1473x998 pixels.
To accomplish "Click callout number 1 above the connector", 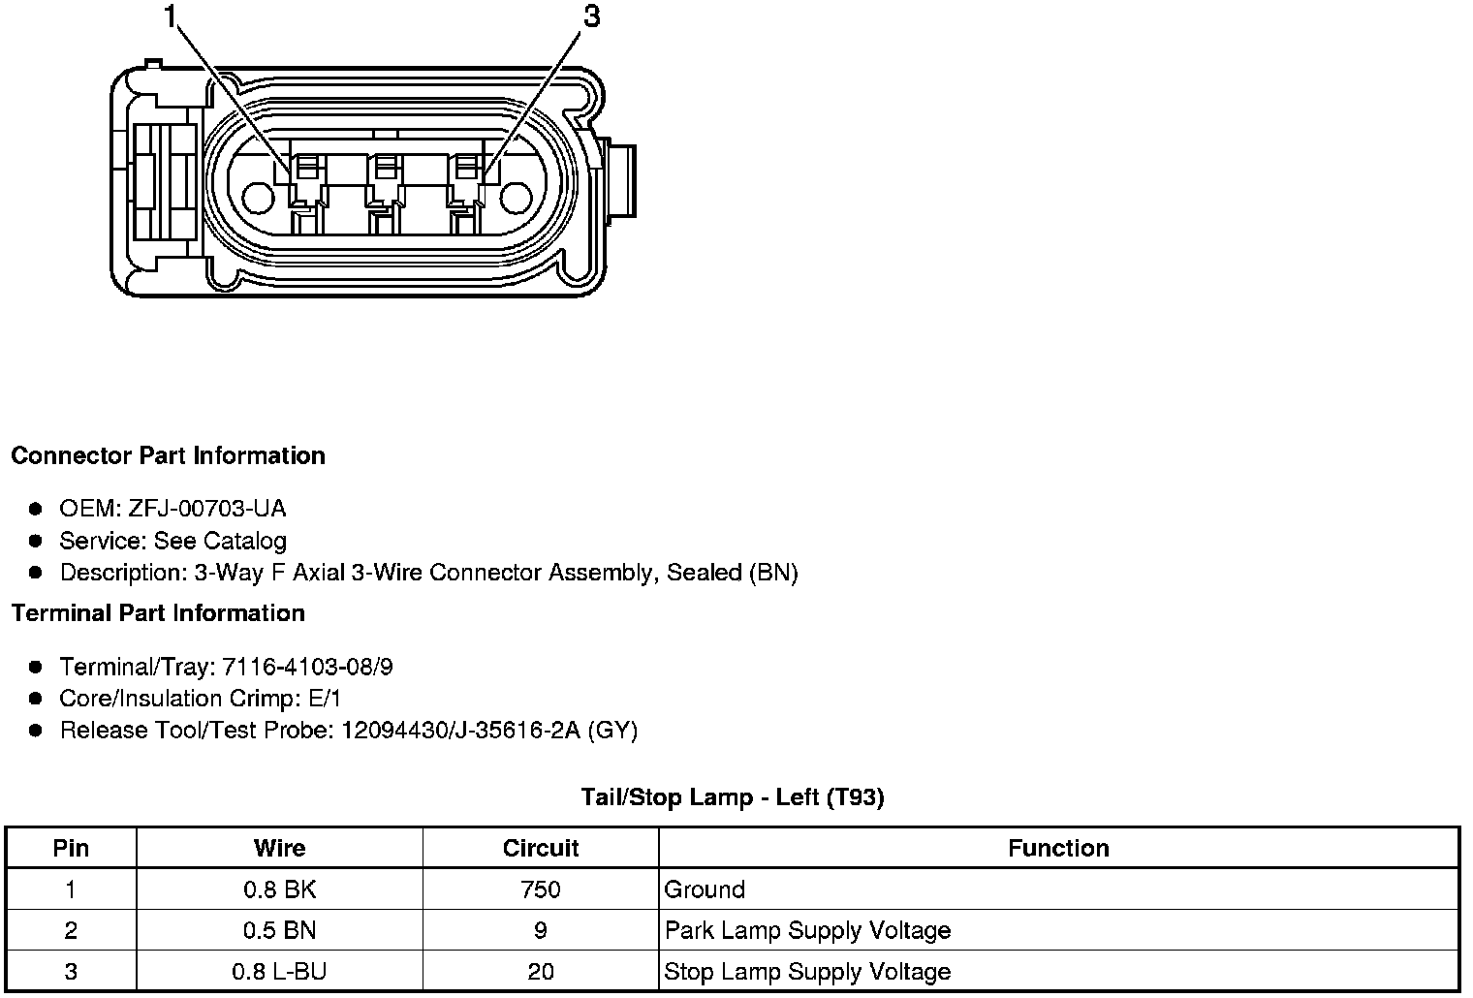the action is click(x=171, y=16).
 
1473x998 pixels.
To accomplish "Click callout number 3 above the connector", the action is click(x=592, y=16).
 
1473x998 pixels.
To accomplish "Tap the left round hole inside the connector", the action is click(x=258, y=198).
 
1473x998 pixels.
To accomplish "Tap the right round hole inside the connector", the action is click(x=516, y=198).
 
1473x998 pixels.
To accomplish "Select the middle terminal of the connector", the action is click(x=386, y=194).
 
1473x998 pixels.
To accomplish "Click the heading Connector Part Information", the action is click(x=169, y=455).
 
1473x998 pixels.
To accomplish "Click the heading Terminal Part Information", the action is click(x=159, y=612).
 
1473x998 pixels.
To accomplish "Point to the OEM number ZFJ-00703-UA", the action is click(x=207, y=508).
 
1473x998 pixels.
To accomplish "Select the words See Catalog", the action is click(x=220, y=541).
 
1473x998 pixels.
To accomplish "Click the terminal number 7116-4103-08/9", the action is click(x=308, y=667).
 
